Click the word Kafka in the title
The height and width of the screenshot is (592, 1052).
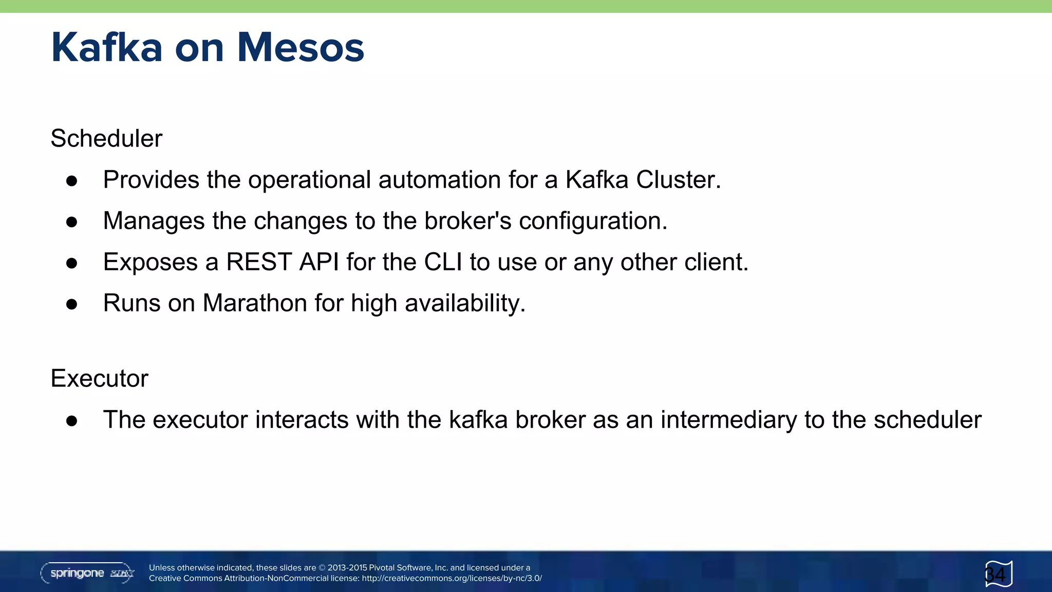point(107,48)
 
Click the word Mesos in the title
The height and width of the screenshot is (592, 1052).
point(300,48)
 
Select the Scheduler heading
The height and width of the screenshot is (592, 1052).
point(106,138)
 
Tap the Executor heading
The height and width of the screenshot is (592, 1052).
point(100,378)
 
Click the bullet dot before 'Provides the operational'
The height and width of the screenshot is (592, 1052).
point(72,180)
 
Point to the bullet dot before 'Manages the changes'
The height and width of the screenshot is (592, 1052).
point(72,221)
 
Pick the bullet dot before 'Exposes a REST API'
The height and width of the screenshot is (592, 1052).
point(72,263)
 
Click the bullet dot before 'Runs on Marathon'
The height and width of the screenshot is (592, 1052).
point(72,304)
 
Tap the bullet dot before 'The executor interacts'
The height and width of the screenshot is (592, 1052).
point(72,420)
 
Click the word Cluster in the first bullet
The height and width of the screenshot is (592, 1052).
point(678,180)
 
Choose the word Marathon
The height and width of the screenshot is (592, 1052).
point(255,303)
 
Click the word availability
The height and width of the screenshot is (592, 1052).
point(465,303)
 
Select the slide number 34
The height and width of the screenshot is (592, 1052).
point(995,574)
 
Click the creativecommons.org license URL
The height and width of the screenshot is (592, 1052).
point(452,578)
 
